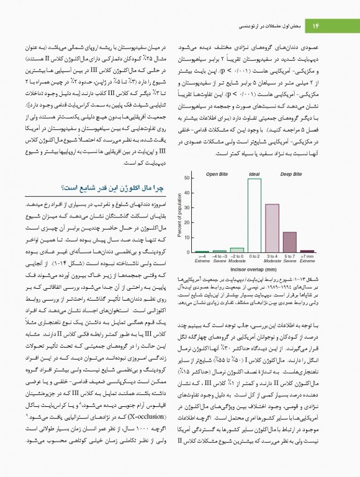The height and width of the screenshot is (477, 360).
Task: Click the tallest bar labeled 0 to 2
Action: (x=254, y=216)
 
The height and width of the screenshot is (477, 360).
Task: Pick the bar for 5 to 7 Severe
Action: (x=289, y=242)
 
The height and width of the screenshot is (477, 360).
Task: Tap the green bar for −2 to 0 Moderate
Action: (x=237, y=250)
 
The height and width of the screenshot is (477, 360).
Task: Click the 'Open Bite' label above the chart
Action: (x=217, y=174)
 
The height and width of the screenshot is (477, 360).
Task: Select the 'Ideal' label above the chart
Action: (x=254, y=174)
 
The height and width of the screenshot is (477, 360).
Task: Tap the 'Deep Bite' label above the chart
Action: (x=290, y=174)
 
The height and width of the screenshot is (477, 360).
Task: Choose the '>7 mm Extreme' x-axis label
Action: (x=307, y=258)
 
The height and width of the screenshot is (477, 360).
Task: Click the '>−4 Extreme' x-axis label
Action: (x=202, y=258)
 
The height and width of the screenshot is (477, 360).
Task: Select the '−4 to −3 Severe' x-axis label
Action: (x=220, y=258)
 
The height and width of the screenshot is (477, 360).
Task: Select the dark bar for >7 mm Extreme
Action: (x=307, y=251)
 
